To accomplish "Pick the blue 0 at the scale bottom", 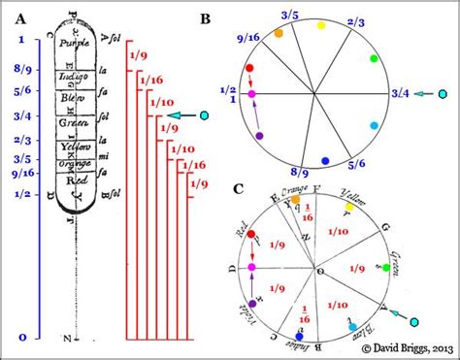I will pos(22,337).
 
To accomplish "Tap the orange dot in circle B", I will pos(279,33).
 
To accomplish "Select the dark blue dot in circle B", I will pos(326,161).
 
